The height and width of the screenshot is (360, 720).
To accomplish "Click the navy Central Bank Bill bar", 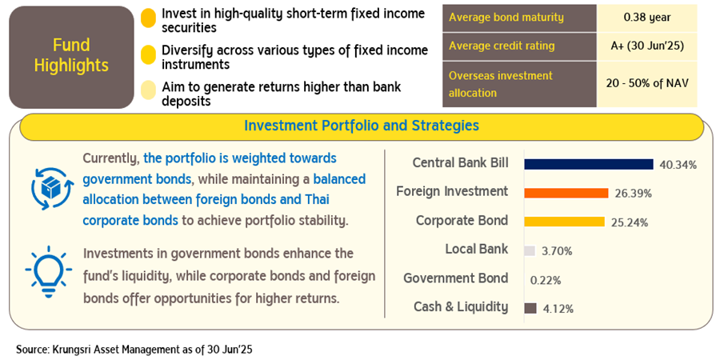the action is click(589, 164).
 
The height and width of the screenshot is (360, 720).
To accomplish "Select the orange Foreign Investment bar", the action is click(566, 193).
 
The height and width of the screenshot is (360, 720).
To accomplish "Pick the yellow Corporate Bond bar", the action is click(564, 222).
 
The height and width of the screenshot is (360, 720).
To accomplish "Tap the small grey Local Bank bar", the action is click(530, 250).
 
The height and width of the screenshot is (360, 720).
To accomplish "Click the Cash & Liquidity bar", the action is click(530, 308).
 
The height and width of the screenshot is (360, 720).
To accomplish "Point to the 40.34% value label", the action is click(678, 165).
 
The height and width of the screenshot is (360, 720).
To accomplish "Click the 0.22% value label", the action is click(546, 280).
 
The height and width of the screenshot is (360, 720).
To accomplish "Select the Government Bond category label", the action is click(455, 278).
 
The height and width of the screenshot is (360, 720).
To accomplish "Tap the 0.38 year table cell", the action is click(647, 18).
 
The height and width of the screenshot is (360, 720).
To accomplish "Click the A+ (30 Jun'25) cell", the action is click(647, 46).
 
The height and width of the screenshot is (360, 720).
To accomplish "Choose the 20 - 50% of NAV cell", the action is click(647, 84).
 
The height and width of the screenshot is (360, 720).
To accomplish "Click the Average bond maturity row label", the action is click(506, 18).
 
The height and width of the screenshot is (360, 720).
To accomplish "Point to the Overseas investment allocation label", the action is click(501, 84).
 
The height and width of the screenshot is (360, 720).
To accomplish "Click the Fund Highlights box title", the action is click(71, 55).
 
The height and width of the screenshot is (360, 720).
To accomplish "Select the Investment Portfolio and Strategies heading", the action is click(362, 126).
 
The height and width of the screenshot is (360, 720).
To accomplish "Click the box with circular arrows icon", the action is click(52, 189).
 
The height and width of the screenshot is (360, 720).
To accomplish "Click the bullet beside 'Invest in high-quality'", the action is click(148, 20).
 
